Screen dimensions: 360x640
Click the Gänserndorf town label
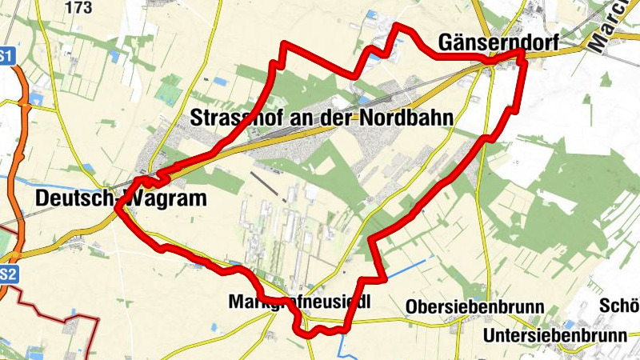pos(497,42)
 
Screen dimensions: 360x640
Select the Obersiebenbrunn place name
pos(475,307)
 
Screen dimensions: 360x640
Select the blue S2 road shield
pos(6,274)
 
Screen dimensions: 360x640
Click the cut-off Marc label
pos(611,29)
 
